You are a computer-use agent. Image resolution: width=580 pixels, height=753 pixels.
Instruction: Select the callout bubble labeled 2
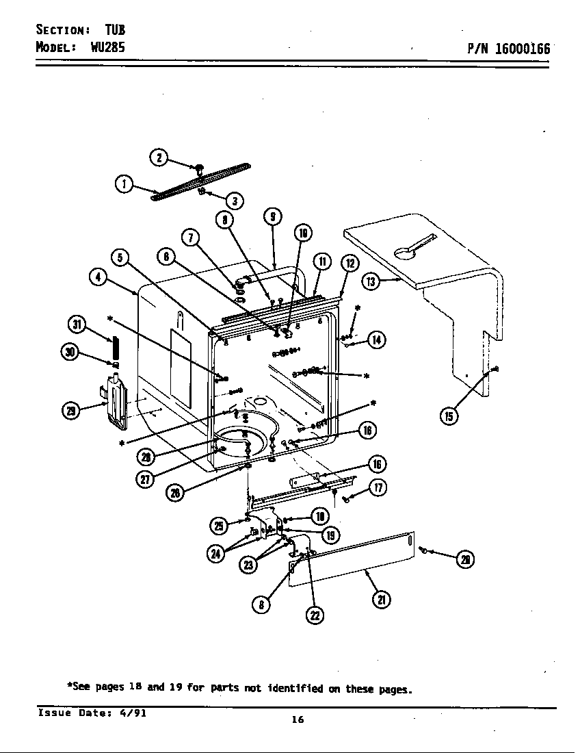[x=158, y=157]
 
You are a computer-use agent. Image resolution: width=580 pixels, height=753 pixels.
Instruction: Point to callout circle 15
[x=449, y=416]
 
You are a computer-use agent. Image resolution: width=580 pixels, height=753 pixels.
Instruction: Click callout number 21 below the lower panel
[x=381, y=600]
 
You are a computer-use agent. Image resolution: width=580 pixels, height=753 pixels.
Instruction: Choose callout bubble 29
[x=70, y=410]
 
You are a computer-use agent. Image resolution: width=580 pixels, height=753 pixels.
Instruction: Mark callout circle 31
[x=77, y=324]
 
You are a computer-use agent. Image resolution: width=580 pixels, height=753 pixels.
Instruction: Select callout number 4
[x=98, y=277]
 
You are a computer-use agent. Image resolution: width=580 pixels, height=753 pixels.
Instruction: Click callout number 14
[x=376, y=339]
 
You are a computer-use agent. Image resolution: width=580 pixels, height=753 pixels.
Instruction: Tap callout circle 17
[x=378, y=487]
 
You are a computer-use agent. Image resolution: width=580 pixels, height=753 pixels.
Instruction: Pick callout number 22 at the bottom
[x=315, y=615]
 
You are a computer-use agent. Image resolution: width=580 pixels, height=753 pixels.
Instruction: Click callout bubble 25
[x=218, y=525]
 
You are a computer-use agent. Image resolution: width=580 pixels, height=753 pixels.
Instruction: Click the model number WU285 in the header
[x=107, y=48]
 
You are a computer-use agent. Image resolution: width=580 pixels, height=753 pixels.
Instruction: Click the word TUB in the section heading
[x=115, y=29]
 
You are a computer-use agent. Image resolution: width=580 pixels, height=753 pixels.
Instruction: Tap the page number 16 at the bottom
[x=297, y=719]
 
